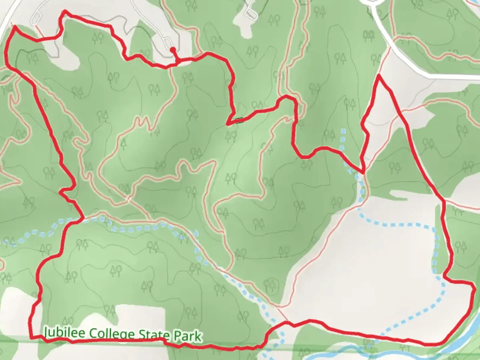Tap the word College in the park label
point(102,334)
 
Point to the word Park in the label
point(188,336)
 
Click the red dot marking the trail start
point(172,50)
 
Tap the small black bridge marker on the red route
point(239,120)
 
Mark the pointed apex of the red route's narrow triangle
point(379,76)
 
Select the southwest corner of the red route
point(31,337)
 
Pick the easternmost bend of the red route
point(474,289)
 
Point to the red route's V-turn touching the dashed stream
point(363,173)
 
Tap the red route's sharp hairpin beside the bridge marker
point(228,124)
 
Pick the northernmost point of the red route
point(64,11)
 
